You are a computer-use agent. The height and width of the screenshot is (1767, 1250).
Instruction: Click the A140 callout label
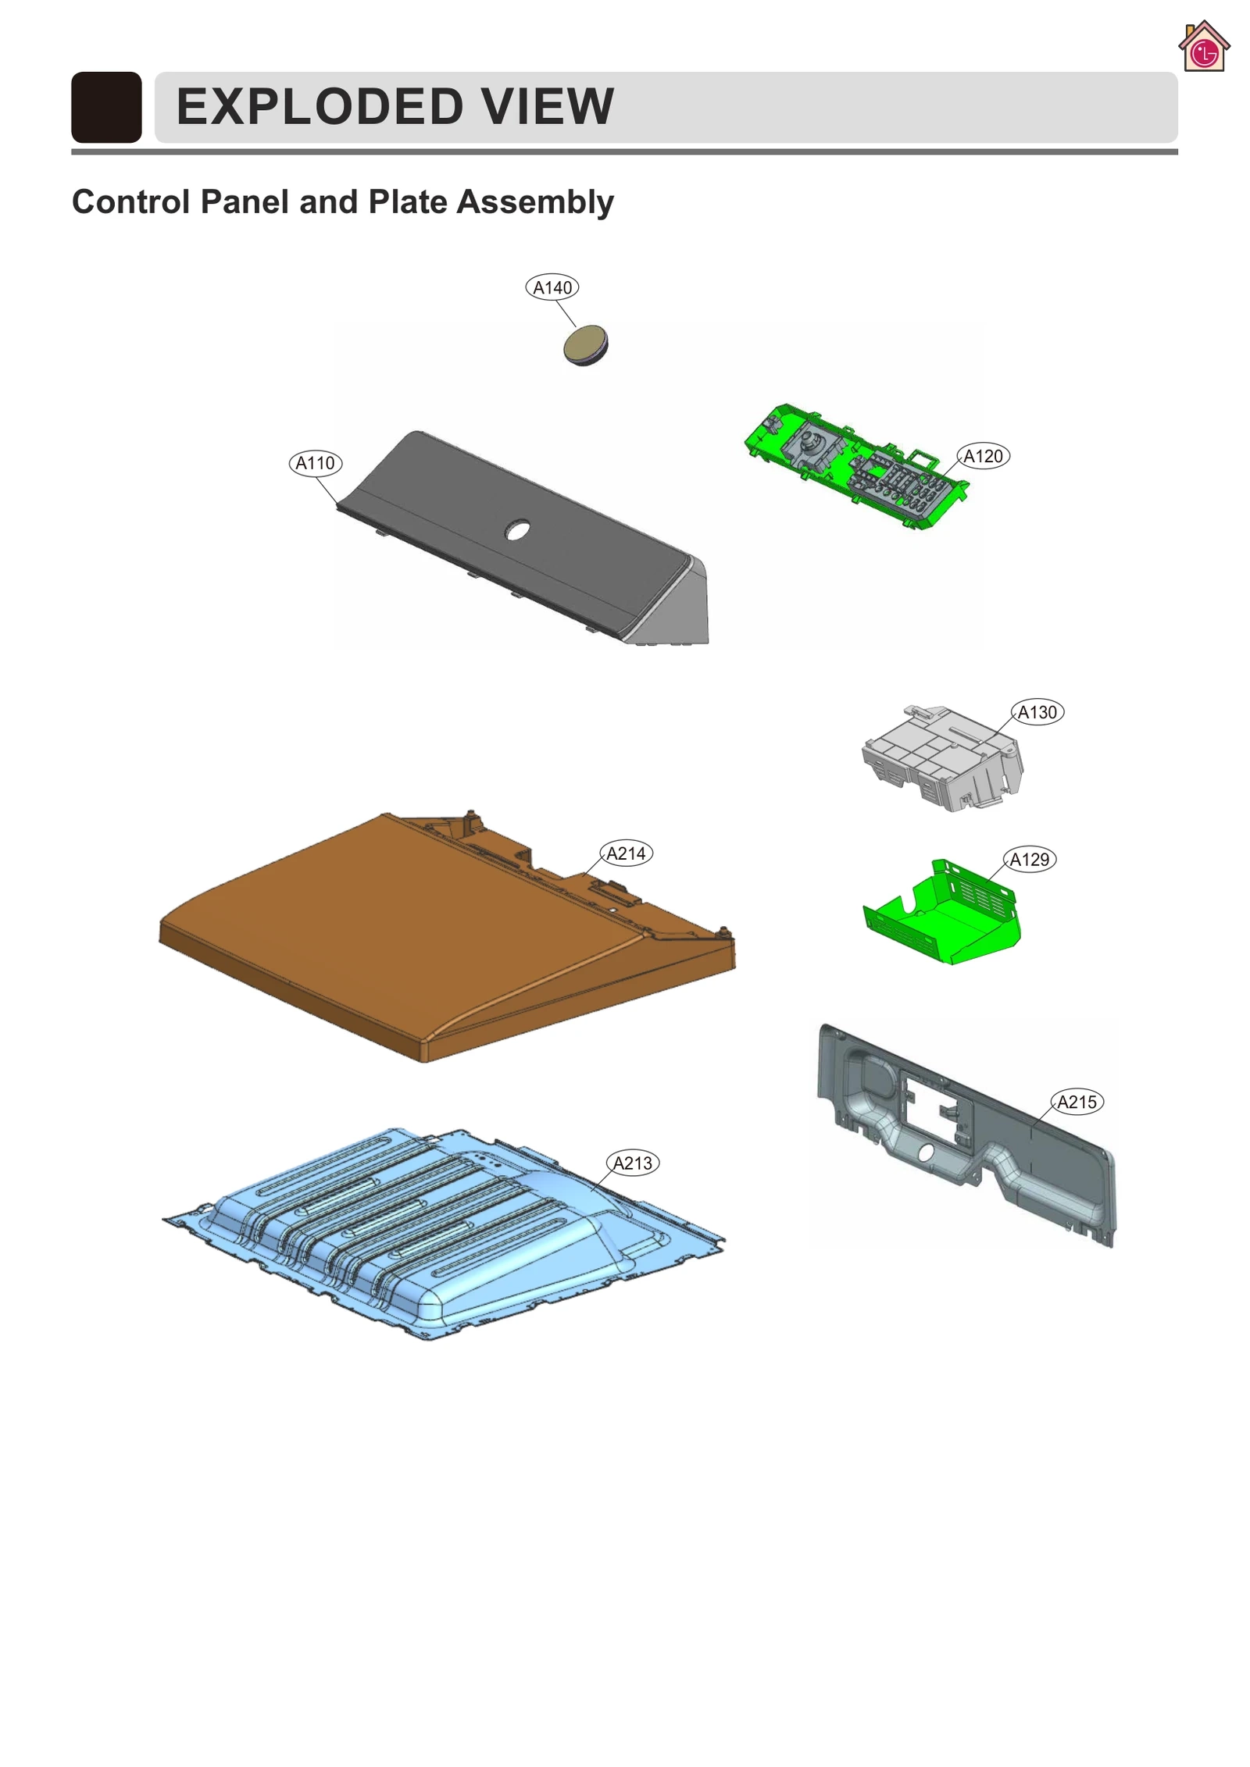click(x=552, y=287)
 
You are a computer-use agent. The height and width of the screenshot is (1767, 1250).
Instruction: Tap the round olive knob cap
click(x=584, y=346)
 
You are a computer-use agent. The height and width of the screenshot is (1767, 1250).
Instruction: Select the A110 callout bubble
click(x=315, y=463)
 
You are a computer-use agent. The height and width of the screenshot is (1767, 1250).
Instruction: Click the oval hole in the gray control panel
click(x=517, y=530)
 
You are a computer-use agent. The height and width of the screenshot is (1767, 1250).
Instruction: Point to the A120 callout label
click(x=983, y=456)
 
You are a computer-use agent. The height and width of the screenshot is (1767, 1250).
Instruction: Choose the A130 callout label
click(x=1037, y=712)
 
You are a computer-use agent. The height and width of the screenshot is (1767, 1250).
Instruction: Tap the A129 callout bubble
click(x=1029, y=860)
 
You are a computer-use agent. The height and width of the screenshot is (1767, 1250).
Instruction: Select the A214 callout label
click(x=626, y=853)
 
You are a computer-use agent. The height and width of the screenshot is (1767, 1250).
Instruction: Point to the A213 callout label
click(x=632, y=1163)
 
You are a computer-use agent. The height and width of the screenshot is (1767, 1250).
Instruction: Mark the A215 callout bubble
click(x=1077, y=1102)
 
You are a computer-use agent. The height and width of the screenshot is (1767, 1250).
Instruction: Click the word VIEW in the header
click(x=547, y=106)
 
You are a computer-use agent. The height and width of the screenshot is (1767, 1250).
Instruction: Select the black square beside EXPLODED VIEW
click(x=106, y=107)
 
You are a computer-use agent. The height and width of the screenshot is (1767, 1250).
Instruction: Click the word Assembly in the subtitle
click(x=535, y=201)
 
